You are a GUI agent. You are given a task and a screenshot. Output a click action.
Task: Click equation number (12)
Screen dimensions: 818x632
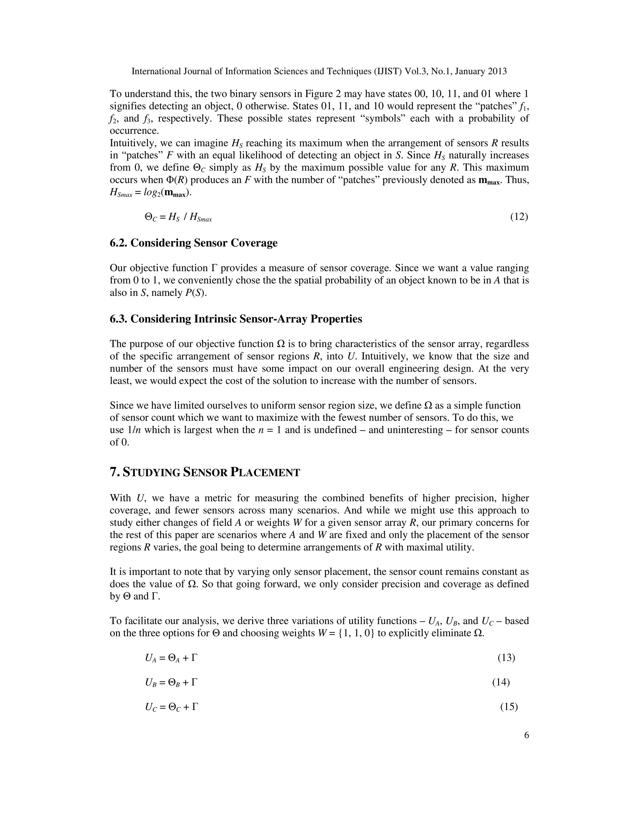tap(519, 217)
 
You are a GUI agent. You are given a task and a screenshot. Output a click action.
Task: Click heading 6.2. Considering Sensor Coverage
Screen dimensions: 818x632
tap(193, 243)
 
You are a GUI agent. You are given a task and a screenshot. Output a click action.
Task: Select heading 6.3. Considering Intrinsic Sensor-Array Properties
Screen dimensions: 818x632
tap(236, 319)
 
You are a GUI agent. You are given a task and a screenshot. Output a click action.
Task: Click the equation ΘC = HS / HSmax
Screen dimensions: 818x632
tap(178, 217)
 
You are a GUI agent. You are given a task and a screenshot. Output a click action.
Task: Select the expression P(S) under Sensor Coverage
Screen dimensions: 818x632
tap(196, 293)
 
